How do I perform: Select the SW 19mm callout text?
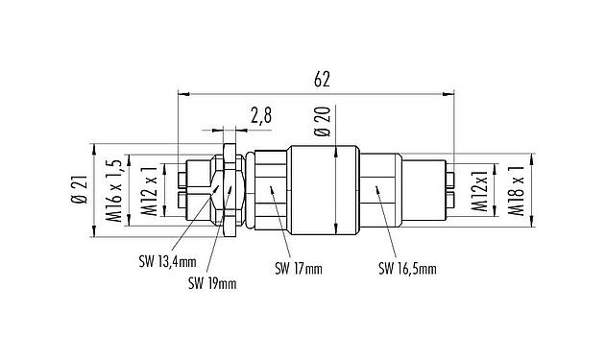click(x=212, y=283)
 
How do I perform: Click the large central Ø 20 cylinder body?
click(x=327, y=187)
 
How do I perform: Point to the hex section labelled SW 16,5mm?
click(x=382, y=187)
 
